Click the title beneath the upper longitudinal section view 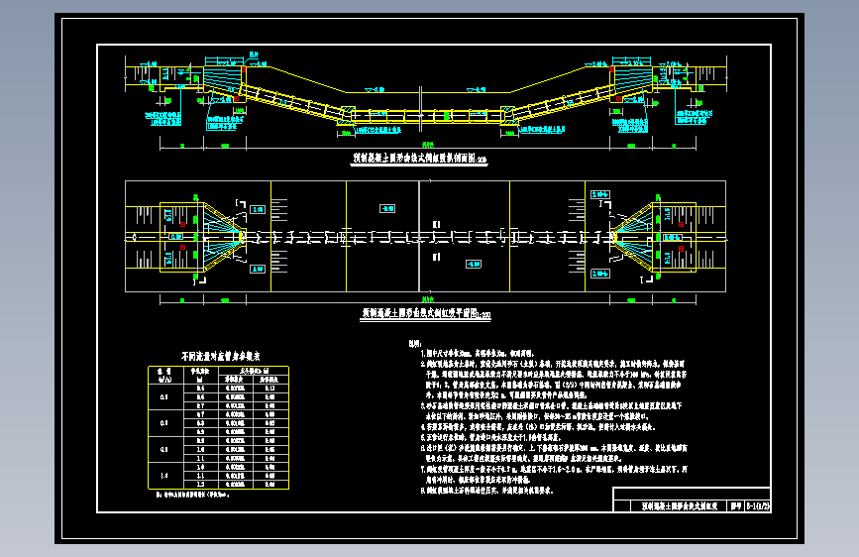(421, 158)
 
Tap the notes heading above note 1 (414, 343)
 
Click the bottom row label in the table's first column (164, 476)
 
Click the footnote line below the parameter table (205, 493)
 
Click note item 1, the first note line (495, 352)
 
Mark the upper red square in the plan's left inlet (183, 223)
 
